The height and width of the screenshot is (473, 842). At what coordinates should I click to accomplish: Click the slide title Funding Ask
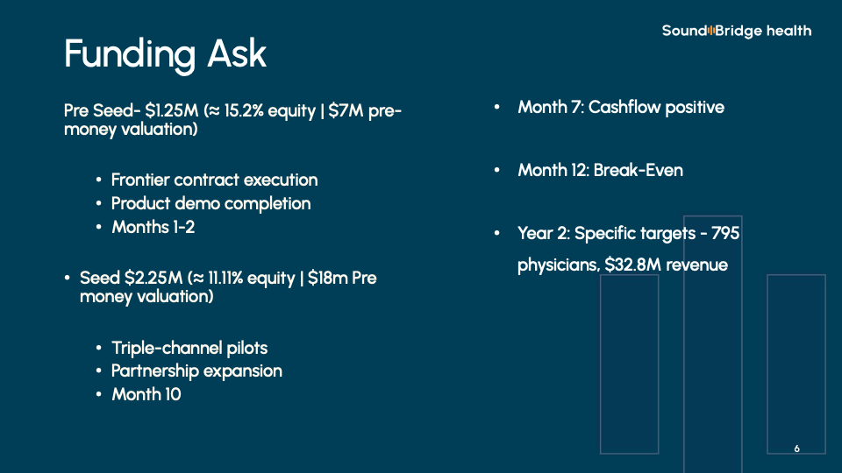coord(165,53)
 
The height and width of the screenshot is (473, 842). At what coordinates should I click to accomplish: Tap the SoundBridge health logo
coord(737,32)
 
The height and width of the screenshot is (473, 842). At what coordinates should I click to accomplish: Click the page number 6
coord(797,448)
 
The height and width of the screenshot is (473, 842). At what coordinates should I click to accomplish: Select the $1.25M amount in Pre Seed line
coord(172,110)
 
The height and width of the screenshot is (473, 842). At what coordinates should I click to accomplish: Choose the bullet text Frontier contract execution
coord(214,180)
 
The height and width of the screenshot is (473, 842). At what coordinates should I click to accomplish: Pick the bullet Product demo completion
coord(211,204)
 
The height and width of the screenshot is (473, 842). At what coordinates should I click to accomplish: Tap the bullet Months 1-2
coord(153,228)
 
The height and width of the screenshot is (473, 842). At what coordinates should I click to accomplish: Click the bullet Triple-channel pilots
coord(189,348)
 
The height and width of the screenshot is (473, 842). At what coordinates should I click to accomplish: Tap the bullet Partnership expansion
coord(196,371)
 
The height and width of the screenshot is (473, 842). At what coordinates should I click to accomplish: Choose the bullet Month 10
coord(146,395)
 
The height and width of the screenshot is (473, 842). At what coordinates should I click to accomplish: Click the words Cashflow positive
coord(656,107)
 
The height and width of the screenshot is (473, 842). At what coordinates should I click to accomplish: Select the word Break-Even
coord(639,171)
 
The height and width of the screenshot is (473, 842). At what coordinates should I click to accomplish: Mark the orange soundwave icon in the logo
coord(711,31)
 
